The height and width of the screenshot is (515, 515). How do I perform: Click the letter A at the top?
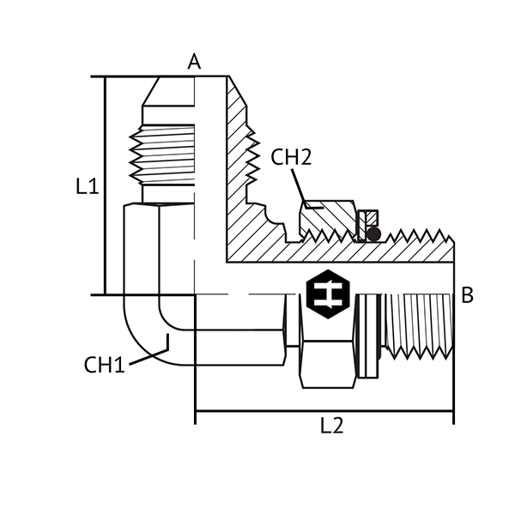point(194,62)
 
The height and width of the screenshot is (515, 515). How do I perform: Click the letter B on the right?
point(467,294)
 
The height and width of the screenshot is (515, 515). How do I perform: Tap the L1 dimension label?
point(88,186)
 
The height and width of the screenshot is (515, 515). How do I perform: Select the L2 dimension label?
point(332,426)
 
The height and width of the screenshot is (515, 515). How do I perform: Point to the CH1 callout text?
point(105,365)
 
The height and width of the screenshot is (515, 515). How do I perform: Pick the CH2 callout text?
point(291,157)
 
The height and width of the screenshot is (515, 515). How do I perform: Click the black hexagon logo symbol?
point(328,294)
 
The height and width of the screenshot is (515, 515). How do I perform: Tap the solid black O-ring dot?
point(373,234)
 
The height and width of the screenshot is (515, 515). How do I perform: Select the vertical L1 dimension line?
point(105,186)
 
